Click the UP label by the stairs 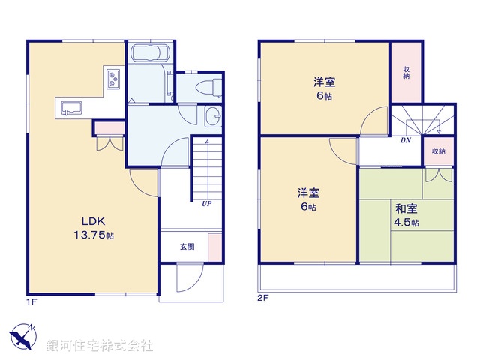[205, 202]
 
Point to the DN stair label [405, 140]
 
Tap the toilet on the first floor [211, 86]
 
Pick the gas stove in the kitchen [113, 78]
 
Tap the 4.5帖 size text [407, 223]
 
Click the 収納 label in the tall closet [406, 72]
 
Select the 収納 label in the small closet [438, 151]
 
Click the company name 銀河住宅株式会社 [100, 346]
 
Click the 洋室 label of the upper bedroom [323, 82]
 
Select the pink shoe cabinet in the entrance [214, 247]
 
